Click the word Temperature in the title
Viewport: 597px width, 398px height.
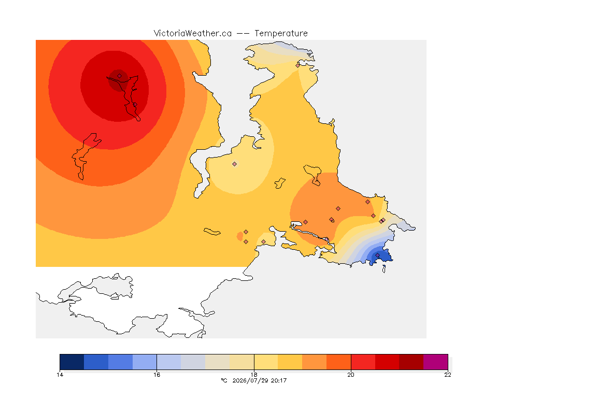281,34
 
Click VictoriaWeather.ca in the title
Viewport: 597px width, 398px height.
193,34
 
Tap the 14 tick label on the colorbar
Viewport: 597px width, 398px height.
60,375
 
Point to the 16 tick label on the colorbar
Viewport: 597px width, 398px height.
157,375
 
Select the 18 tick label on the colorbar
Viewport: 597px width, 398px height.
254,375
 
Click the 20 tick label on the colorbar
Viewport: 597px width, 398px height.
351,375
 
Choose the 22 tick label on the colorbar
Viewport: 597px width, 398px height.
448,375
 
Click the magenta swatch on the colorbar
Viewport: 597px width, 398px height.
435,362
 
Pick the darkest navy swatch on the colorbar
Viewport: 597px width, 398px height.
72,362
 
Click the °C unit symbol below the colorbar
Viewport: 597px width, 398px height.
224,380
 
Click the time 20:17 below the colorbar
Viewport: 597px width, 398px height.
279,380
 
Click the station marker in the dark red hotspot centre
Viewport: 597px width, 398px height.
120,76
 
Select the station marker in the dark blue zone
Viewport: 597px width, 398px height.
378,255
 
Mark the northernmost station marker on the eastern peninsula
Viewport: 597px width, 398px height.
298,65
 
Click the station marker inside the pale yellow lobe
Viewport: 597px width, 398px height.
235,164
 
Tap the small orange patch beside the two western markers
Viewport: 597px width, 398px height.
239,236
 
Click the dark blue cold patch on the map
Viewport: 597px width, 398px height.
381,257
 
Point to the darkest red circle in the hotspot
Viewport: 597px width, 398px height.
118,80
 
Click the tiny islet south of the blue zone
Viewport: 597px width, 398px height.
384,269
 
